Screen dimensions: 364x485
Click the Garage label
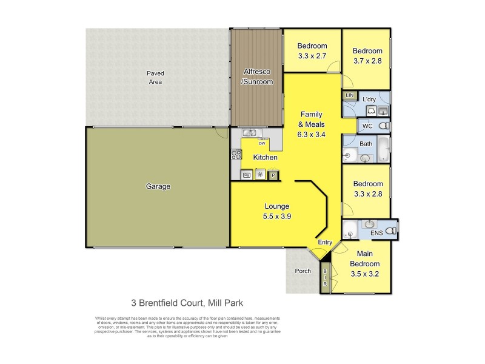coord(158,187)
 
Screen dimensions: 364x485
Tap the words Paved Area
coord(156,77)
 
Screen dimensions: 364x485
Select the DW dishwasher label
coord(262,144)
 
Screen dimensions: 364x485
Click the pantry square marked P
coord(273,175)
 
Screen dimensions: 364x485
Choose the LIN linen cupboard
coord(349,96)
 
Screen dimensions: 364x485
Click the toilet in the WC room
coord(383,126)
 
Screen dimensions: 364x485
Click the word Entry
coord(326,243)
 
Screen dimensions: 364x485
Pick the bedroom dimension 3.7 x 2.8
coord(368,61)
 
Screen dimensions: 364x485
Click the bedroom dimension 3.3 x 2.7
coord(312,56)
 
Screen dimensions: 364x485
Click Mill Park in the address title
coord(226,302)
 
